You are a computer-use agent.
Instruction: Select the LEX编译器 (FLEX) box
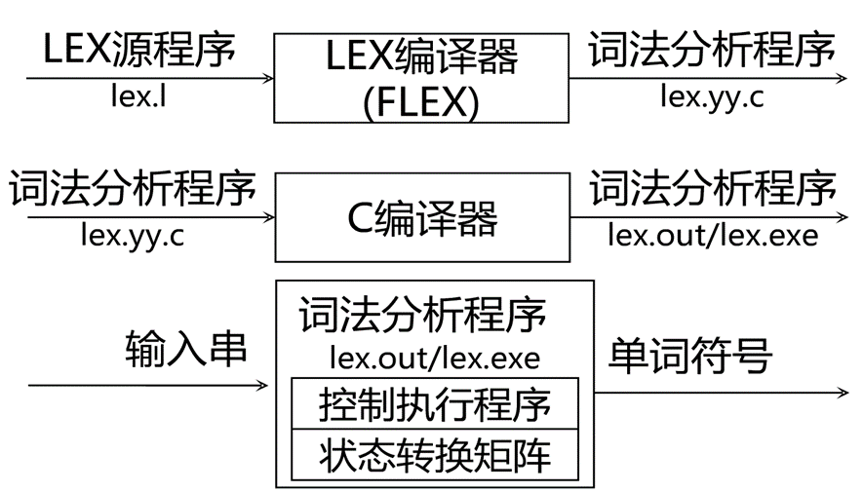pyautogui.click(x=420, y=78)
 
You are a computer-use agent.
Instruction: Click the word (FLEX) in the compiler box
pyautogui.click(x=420, y=101)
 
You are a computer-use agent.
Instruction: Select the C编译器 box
pyautogui.click(x=420, y=217)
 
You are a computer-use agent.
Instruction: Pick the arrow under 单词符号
pyautogui.click(x=722, y=393)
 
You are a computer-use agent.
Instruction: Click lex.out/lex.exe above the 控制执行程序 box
pyautogui.click(x=434, y=357)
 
